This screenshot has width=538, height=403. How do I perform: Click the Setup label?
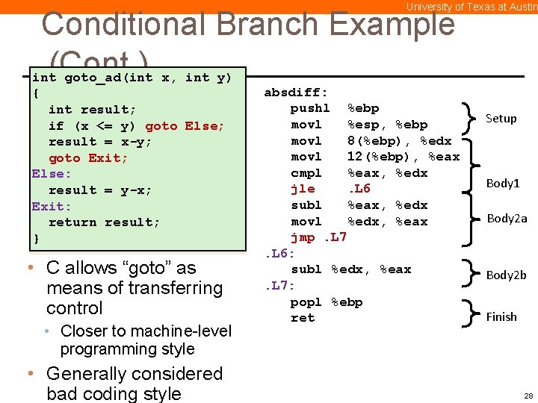click(x=501, y=119)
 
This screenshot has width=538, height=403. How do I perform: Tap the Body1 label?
click(x=503, y=184)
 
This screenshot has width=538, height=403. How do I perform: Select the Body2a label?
click(x=507, y=219)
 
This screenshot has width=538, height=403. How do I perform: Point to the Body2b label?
click(x=506, y=275)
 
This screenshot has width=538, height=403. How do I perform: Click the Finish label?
click(x=501, y=317)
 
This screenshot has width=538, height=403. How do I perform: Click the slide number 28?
click(x=528, y=396)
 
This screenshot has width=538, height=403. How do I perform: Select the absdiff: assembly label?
click(x=296, y=93)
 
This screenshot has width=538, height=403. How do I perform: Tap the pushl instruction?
click(x=309, y=108)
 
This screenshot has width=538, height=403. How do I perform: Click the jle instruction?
click(x=303, y=189)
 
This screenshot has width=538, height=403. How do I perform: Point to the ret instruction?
click(x=303, y=318)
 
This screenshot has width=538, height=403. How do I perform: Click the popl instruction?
click(x=306, y=302)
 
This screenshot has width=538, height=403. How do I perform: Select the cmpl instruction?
click(x=306, y=173)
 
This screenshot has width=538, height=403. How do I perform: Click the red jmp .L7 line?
click(x=318, y=237)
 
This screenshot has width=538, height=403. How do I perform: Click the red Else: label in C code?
click(x=52, y=174)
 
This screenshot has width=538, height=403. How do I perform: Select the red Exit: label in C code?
click(x=52, y=207)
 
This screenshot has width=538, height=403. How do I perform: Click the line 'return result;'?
click(x=104, y=222)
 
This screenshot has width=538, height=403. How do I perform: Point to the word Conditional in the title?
click(x=126, y=24)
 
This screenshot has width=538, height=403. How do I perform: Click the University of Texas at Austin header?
click(x=471, y=7)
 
